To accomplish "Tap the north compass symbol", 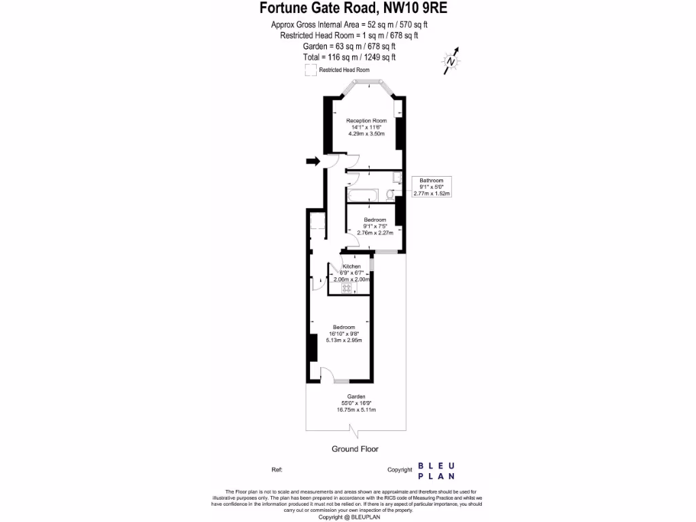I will coord(451,60).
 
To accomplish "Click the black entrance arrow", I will coord(313,161).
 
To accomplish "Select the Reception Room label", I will coord(366,120).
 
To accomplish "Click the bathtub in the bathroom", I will coord(366,196).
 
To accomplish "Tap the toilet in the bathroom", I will coord(390,195).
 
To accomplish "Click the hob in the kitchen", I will coord(347,288).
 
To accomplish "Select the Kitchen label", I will coord(351,266).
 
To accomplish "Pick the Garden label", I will coord(356,396).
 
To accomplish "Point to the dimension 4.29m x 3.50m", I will coord(366,134).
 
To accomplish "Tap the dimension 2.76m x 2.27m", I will coord(375,233).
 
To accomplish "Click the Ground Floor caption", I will coord(355,449).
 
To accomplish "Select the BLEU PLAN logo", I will coord(436,470).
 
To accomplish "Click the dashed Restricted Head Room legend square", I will coord(310,70).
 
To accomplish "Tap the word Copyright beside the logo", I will coord(400,470).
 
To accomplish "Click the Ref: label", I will coord(277,470).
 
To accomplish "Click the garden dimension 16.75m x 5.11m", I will coord(356,410).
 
